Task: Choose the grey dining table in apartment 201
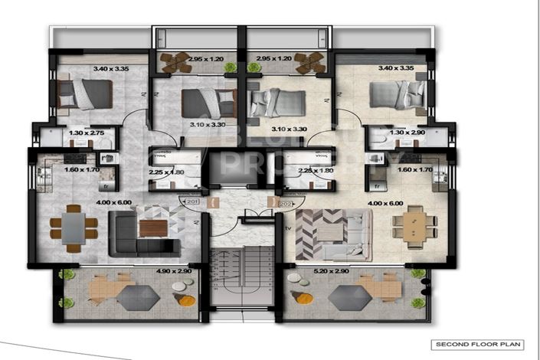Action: click(x=74, y=227)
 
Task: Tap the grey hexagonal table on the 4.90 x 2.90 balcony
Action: click(x=138, y=297)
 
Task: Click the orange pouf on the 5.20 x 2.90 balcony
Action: click(x=303, y=299)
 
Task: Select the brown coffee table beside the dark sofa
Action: click(x=151, y=228)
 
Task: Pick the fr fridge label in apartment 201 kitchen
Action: click(x=106, y=185)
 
